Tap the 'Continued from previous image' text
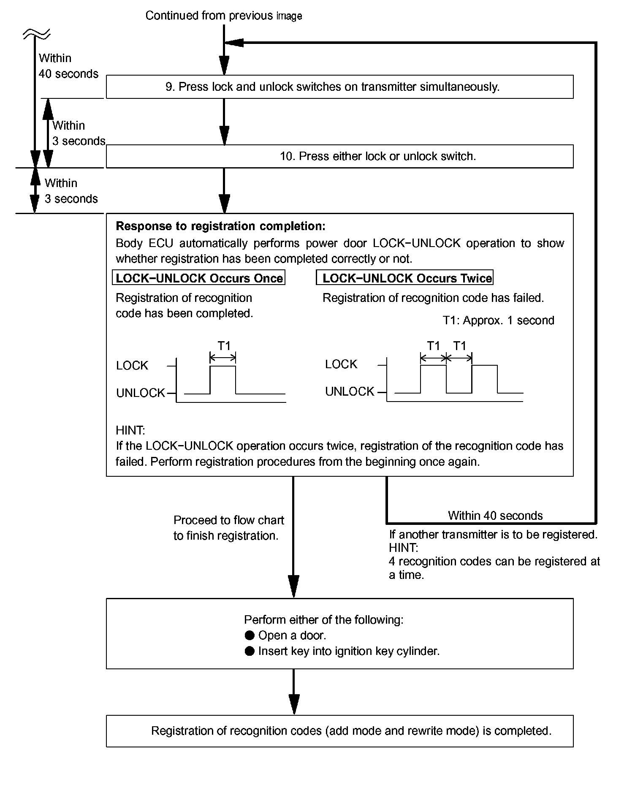coord(223,16)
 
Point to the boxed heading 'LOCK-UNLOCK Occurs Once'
coord(199,278)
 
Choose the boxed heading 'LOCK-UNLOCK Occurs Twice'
coord(407,278)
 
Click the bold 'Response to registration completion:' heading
coord(220,226)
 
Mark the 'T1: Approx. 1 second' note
coord(498,320)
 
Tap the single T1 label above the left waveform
coord(223,346)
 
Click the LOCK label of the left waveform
coord(132,366)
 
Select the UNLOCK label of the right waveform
coord(350,392)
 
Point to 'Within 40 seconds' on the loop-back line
coord(495,516)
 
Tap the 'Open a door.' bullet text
coord(292,635)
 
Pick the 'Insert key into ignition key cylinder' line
coord(348,651)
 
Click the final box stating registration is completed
coord(351,731)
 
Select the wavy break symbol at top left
coord(37,33)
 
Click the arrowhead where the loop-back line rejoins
coord(235,43)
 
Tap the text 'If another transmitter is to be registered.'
coord(493,535)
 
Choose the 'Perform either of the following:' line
coord(323,620)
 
